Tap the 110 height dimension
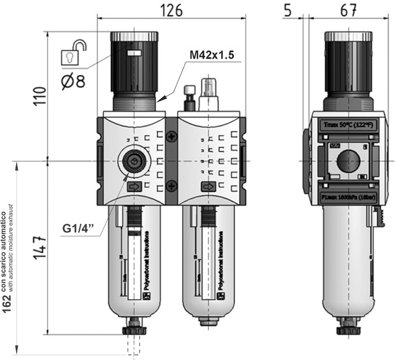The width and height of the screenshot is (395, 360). coord(38,97)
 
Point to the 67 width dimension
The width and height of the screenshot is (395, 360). coord(347,10)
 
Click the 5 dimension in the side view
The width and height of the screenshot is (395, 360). coord(289,10)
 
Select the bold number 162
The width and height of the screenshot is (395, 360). coord(7,303)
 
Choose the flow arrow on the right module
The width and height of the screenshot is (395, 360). coord(208,187)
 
